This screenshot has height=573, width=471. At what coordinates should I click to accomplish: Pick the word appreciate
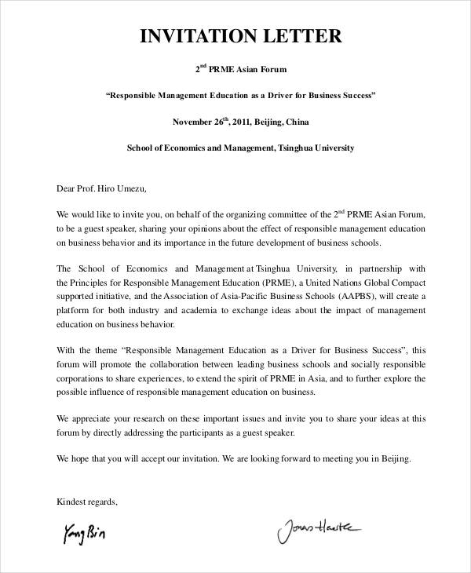(92, 419)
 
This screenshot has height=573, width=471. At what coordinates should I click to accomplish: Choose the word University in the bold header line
(324, 148)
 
